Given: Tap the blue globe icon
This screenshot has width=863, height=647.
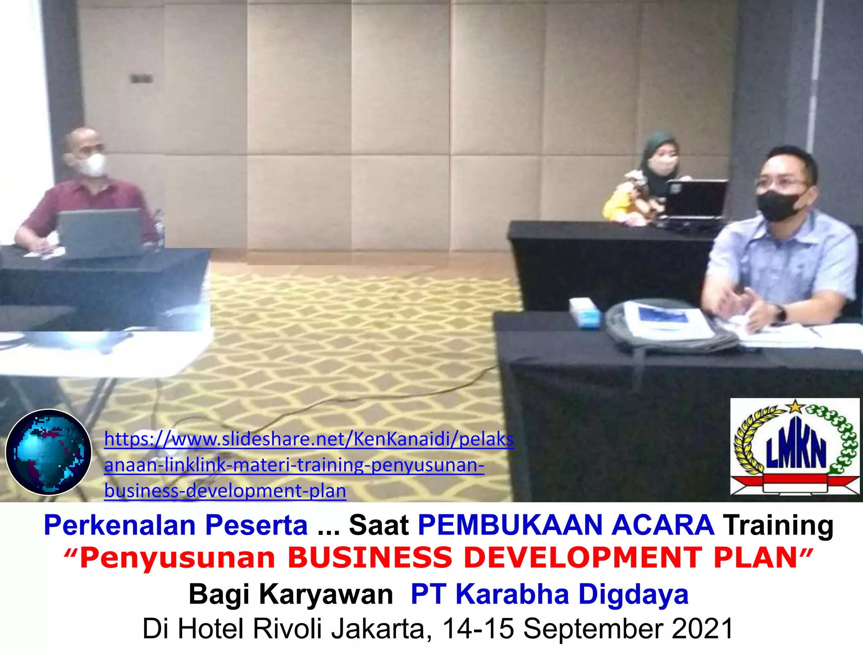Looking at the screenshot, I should click(48, 452).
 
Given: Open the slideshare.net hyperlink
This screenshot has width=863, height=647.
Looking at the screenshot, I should click(308, 465).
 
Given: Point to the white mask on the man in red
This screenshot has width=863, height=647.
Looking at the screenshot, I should click(94, 165).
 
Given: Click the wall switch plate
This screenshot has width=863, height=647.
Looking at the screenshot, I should click(141, 78).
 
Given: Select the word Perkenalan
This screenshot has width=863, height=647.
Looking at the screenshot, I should click(120, 525).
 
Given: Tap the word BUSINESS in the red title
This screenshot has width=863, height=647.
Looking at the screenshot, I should click(370, 558).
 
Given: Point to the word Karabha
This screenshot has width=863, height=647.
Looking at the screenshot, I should click(512, 594).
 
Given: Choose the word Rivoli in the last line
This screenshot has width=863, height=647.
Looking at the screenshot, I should click(288, 628).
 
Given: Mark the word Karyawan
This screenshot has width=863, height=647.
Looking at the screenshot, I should click(326, 594).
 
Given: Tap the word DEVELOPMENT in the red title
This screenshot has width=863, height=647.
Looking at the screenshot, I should click(583, 558).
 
